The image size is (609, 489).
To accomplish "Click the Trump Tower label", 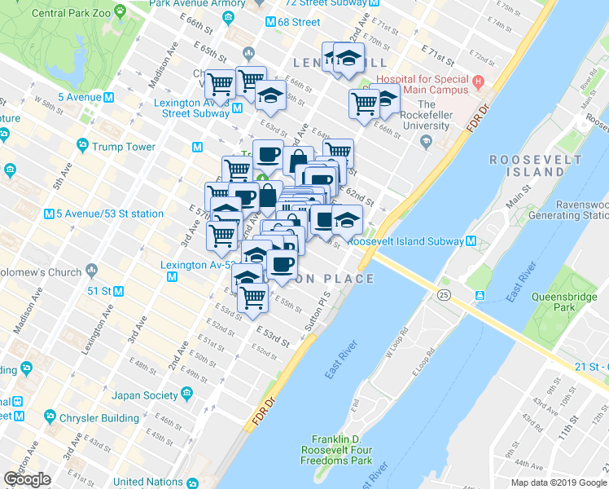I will [x=123, y=147].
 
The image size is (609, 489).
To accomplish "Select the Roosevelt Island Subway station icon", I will [x=471, y=241].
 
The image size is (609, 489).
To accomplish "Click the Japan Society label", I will [x=145, y=395].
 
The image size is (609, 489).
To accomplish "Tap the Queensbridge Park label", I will [x=559, y=303].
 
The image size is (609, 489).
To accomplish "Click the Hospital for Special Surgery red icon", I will [x=479, y=81].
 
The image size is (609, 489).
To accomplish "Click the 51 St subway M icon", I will [x=118, y=291].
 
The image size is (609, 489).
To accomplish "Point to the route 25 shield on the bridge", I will [x=444, y=293].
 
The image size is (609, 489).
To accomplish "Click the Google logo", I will [x=28, y=479].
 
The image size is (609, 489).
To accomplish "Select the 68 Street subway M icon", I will [x=269, y=22].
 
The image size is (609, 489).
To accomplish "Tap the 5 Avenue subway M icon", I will [x=107, y=98].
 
